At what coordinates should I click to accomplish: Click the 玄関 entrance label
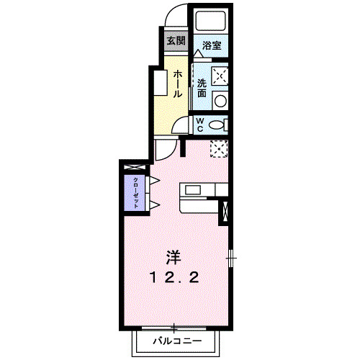pos(175,40)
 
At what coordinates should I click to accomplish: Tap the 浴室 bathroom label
pos(211,45)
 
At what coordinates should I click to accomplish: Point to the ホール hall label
pos(177,84)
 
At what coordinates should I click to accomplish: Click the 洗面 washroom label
pos(202,88)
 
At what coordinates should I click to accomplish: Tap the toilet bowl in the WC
pos(217,125)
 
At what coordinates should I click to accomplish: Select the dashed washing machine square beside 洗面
pos(221,75)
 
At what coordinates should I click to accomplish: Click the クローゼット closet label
pos(134,191)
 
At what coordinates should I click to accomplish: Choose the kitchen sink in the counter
pos(194,190)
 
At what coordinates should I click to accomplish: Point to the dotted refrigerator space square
pos(219,148)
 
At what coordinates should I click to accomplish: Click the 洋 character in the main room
pos(173,257)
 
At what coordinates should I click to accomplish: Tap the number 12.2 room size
pos(173,277)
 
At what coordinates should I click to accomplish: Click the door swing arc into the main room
pos(165,150)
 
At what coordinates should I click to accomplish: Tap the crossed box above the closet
pos(133,168)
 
